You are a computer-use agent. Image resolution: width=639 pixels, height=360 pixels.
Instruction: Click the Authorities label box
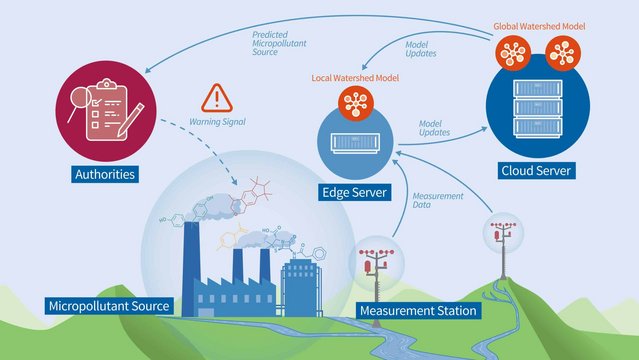pos(104,176)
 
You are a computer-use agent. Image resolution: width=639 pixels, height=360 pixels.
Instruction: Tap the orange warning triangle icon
pos(215,98)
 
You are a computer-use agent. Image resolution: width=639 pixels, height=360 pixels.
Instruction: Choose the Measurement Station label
pos(418,310)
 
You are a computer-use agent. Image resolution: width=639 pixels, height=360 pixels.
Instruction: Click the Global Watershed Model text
pos(541,25)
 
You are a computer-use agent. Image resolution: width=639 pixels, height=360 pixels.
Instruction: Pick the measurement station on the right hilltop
pos(501,241)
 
